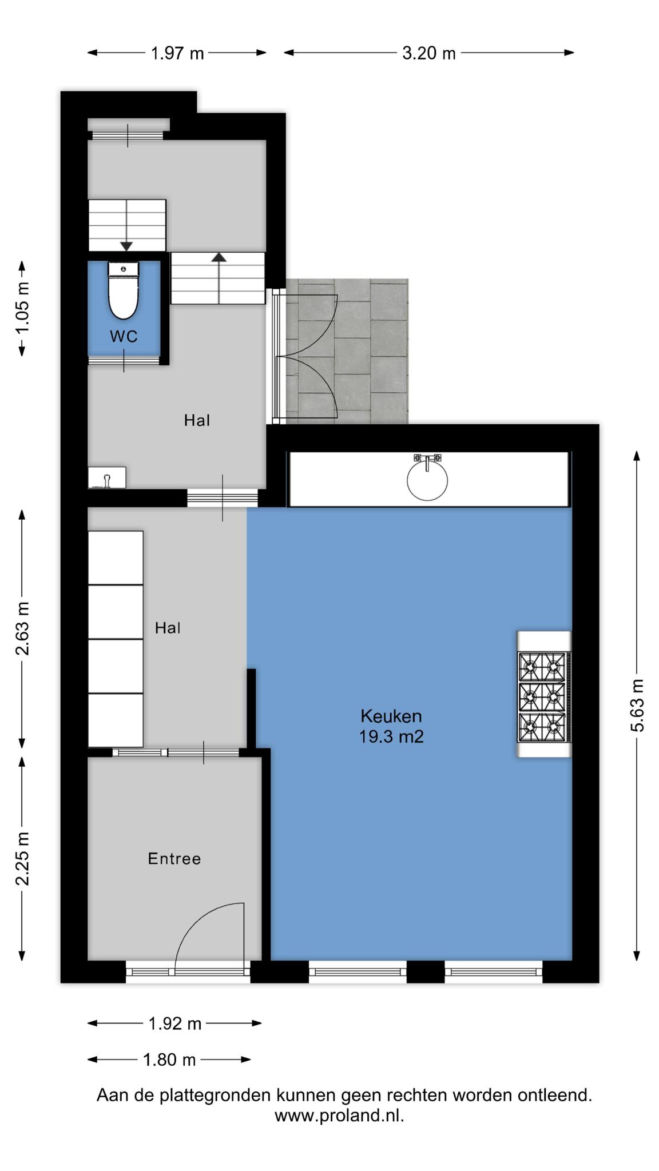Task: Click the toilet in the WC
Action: [124, 290]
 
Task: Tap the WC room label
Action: [124, 336]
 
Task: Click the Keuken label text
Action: [391, 716]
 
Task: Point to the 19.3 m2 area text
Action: [391, 736]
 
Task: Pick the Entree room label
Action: [174, 859]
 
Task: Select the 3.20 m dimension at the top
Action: [429, 53]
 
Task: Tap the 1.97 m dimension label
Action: [177, 53]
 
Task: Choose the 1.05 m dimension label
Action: [22, 308]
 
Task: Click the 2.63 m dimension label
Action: [22, 628]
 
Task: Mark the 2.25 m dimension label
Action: [22, 858]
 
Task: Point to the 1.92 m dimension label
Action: [175, 1023]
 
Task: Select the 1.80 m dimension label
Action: [169, 1060]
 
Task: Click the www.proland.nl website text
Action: [339, 1116]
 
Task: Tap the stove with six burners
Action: [544, 695]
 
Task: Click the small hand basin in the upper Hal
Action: [107, 477]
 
